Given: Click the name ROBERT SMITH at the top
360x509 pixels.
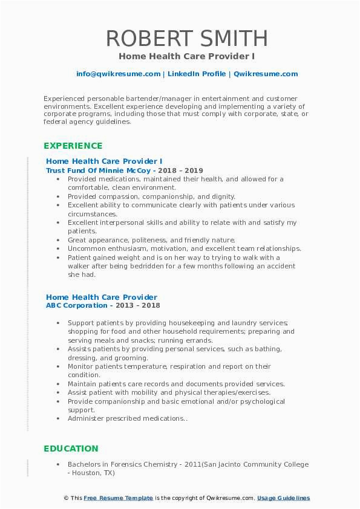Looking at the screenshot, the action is click(186, 38).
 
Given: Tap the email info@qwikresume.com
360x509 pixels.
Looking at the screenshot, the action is click(118, 74).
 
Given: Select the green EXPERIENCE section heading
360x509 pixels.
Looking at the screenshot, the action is click(73, 146).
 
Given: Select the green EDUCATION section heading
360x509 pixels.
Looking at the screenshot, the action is click(71, 449).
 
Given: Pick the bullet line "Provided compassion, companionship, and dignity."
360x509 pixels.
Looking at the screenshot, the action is click(151, 196).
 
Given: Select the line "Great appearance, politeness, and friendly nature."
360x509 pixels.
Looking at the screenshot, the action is click(151, 240).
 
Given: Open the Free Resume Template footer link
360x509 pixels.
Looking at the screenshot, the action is click(118, 498).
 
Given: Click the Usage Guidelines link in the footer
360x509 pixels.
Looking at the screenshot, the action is click(283, 498).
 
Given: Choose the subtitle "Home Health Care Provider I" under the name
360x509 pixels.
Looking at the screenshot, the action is click(186, 56).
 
